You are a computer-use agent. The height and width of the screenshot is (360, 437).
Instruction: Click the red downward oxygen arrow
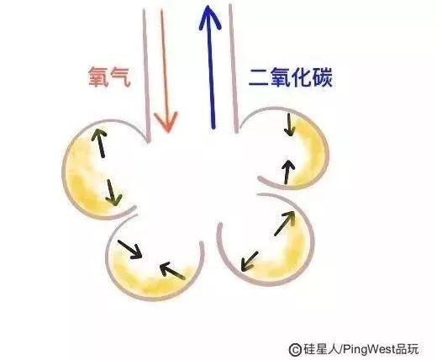click(166, 70)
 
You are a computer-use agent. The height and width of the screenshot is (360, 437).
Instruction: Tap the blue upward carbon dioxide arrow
click(211, 67)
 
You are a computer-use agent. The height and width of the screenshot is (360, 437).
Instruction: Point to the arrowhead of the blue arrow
click(210, 17)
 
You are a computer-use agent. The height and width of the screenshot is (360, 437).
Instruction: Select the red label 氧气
click(109, 77)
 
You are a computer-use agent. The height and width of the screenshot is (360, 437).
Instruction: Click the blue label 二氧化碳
click(291, 77)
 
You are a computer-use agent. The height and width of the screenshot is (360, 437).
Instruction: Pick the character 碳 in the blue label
click(323, 77)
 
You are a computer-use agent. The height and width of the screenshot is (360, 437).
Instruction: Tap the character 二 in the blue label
click(258, 78)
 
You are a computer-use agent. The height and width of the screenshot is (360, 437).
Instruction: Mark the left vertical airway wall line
click(146, 76)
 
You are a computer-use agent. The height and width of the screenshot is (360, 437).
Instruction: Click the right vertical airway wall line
click(234, 69)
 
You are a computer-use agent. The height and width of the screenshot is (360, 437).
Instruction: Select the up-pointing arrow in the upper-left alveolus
click(100, 142)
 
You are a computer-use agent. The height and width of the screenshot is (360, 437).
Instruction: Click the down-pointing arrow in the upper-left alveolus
click(113, 193)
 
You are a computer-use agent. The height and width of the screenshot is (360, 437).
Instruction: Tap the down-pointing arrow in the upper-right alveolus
click(289, 124)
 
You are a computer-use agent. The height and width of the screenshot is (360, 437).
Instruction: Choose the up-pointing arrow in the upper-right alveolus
click(288, 172)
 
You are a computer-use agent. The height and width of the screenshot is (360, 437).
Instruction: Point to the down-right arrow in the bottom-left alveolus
click(130, 250)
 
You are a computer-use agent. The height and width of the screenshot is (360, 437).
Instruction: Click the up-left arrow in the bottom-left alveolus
click(172, 270)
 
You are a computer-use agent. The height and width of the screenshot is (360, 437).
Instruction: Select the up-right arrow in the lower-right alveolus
click(285, 223)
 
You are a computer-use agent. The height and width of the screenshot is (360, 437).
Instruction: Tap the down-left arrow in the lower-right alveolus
click(250, 262)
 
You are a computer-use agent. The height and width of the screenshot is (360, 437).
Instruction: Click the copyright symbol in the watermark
click(295, 349)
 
